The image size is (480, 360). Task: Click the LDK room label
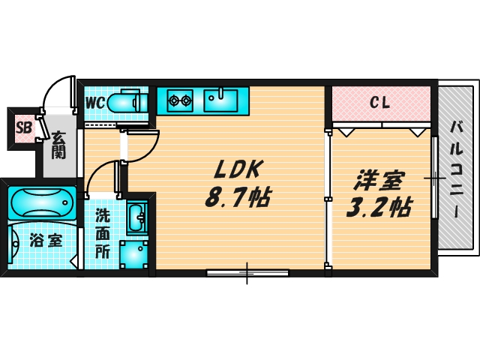(238, 169)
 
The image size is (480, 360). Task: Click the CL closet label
(380, 103)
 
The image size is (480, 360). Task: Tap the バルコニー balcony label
(456, 169)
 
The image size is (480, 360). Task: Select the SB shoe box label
(23, 127)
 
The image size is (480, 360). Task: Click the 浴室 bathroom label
(46, 241)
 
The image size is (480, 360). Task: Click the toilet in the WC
(124, 102)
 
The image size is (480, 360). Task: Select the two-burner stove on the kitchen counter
(180, 98)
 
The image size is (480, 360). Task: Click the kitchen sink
(221, 99)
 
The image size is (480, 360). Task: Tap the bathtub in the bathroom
(42, 202)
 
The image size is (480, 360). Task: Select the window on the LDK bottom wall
(247, 272)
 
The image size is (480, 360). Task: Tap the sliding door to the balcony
(434, 178)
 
